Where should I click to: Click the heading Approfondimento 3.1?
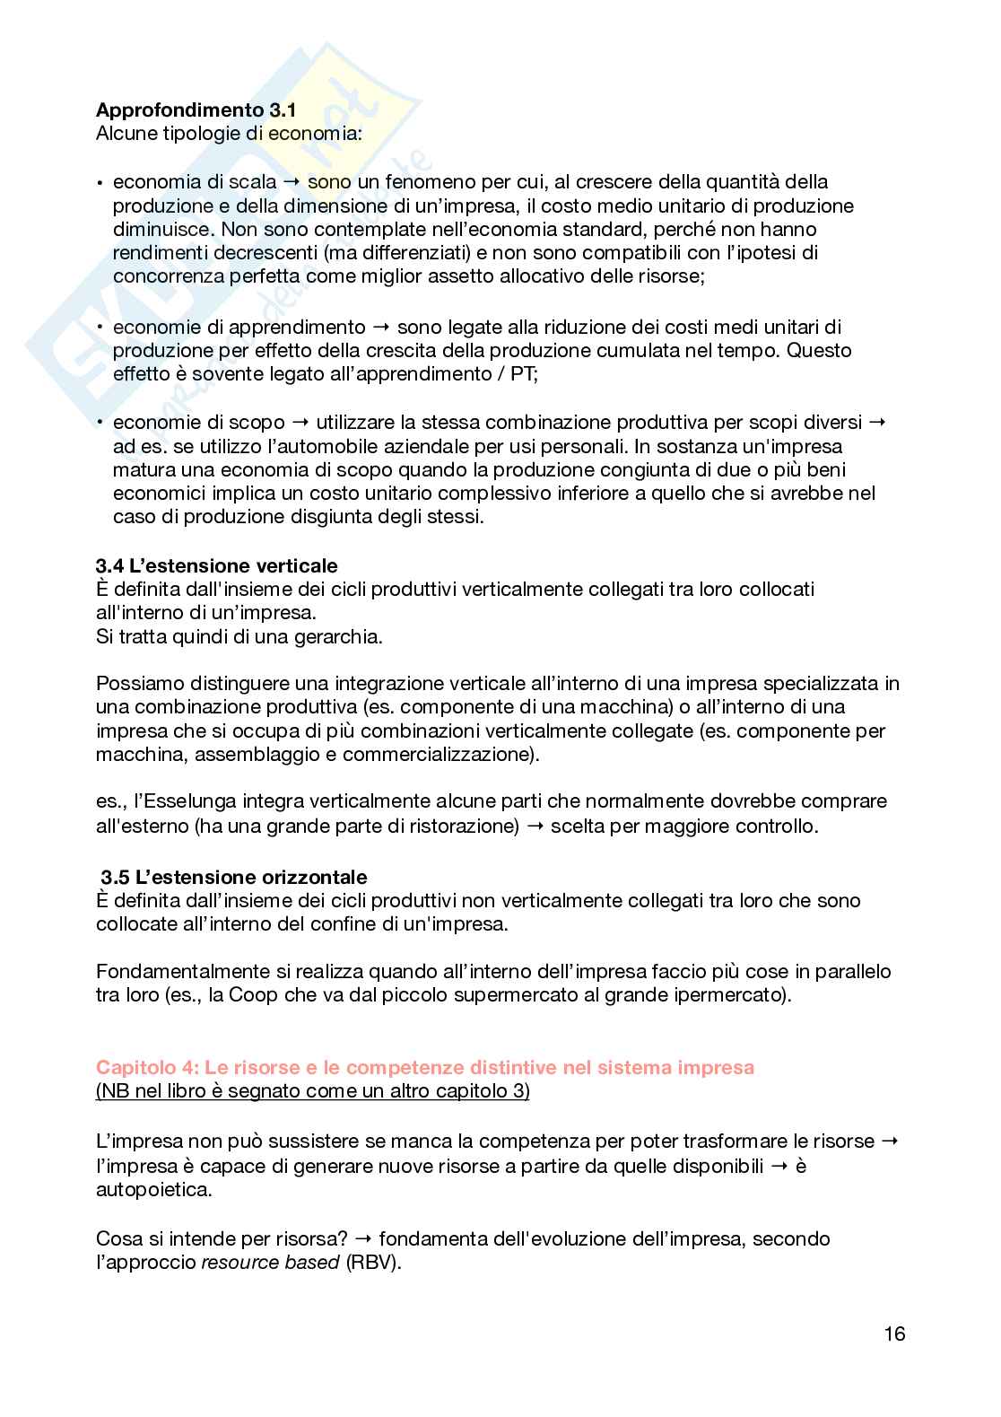tap(196, 111)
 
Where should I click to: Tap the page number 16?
tap(894, 1334)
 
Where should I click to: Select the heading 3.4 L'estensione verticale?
tap(217, 565)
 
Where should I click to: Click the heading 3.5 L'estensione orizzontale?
tap(234, 877)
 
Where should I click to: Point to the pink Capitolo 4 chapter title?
tap(425, 1067)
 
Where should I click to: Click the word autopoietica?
tap(153, 1190)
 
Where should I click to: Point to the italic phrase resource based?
tap(270, 1263)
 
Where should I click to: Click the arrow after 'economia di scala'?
tap(292, 182)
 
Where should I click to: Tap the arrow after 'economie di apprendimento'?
tap(381, 327)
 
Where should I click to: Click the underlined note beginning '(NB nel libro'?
tap(312, 1091)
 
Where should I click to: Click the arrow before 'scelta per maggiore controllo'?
tap(535, 826)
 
